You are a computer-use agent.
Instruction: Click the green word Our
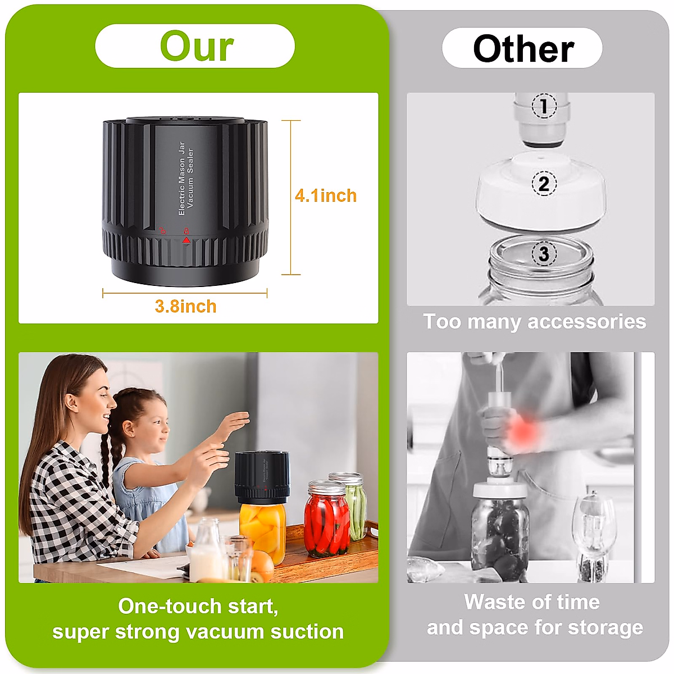click(197, 47)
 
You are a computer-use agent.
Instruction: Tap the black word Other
click(523, 49)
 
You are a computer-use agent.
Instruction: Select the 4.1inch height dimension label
click(326, 195)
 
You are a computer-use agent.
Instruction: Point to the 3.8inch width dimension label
click(185, 307)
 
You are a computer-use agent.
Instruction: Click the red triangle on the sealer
click(186, 240)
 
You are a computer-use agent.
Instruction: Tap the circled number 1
click(543, 106)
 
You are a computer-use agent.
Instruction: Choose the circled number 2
click(543, 184)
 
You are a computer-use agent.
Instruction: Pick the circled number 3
click(543, 254)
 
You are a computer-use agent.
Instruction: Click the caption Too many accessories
click(534, 322)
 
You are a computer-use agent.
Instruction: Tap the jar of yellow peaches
click(263, 531)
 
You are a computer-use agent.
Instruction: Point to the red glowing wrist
click(523, 432)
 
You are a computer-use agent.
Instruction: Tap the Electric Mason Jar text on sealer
click(181, 179)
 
